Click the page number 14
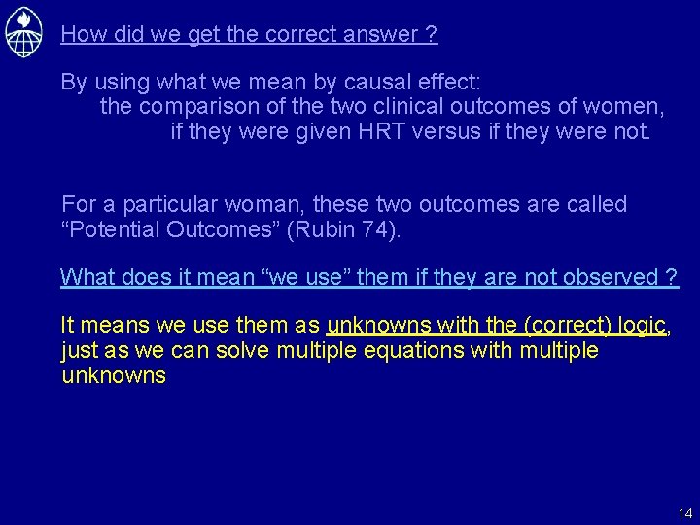point(685,512)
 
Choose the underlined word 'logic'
point(637,325)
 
